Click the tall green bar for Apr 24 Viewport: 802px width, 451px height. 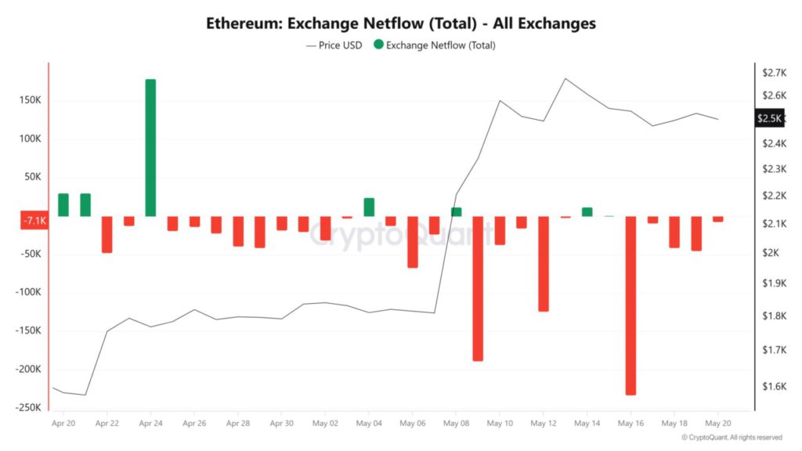point(150,148)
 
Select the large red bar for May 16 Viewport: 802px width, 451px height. point(630,305)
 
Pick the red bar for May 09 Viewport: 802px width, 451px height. point(478,288)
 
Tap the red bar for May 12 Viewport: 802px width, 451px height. point(544,264)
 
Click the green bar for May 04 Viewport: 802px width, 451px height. point(369,207)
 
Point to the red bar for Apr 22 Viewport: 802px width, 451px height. point(107,234)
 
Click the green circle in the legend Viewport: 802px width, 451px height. point(379,45)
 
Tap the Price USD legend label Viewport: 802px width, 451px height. point(340,45)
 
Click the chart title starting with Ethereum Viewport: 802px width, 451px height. point(401,23)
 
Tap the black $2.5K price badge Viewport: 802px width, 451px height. point(768,118)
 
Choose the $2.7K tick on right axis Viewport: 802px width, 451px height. point(773,72)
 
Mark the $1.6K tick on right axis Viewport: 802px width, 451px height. point(773,387)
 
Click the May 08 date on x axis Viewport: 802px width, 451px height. point(456,424)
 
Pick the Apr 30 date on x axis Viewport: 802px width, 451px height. point(281,424)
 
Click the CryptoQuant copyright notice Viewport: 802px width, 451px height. point(732,438)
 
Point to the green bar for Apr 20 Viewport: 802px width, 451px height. point(63,205)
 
